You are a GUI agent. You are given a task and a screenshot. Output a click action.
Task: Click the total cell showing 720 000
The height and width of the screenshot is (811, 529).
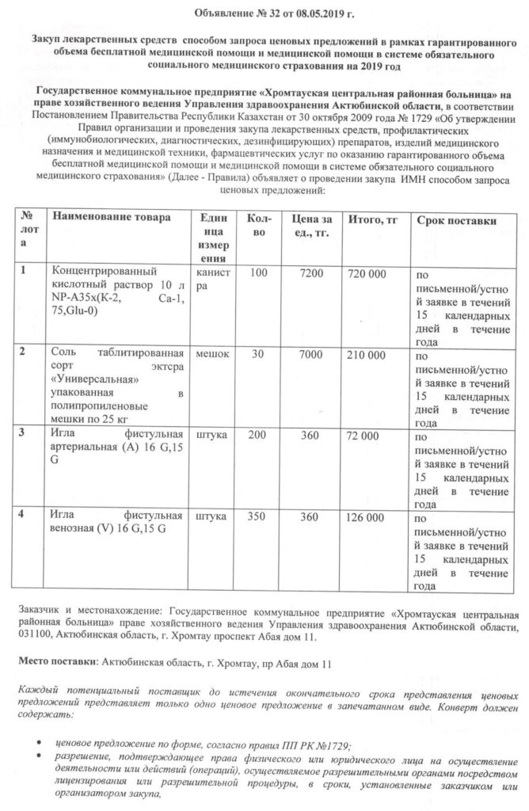[x=366, y=273]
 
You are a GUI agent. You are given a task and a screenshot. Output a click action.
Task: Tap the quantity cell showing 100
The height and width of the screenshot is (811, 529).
[x=258, y=273]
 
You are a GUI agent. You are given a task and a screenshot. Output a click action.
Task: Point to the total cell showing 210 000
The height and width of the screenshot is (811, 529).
[x=366, y=352]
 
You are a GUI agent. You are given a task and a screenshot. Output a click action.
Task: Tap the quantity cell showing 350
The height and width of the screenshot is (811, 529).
[x=258, y=517]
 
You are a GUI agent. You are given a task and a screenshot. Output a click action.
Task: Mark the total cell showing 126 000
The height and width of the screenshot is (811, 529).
[x=366, y=517]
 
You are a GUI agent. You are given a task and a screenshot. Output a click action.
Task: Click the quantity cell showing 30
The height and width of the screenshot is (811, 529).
[x=258, y=352]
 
